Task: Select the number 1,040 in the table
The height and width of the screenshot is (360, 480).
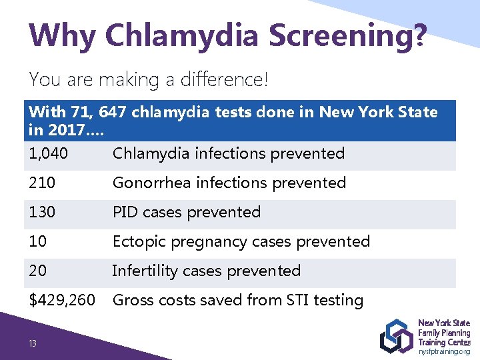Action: (x=48, y=153)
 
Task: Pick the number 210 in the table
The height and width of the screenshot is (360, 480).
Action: (x=42, y=183)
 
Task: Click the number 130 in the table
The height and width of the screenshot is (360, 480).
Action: (x=42, y=212)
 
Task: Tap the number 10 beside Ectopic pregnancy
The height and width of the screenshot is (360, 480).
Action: (x=38, y=241)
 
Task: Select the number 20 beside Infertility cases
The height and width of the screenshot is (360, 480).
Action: (x=39, y=271)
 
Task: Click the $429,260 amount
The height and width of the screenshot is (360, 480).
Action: (x=62, y=301)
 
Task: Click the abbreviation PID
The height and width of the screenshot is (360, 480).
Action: (x=125, y=212)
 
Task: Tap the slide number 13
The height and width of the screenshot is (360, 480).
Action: (x=32, y=343)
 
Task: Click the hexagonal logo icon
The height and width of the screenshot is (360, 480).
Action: (x=396, y=336)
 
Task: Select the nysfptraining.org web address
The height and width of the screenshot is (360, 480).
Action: (x=445, y=351)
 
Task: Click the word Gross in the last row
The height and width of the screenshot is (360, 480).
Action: (x=133, y=301)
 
